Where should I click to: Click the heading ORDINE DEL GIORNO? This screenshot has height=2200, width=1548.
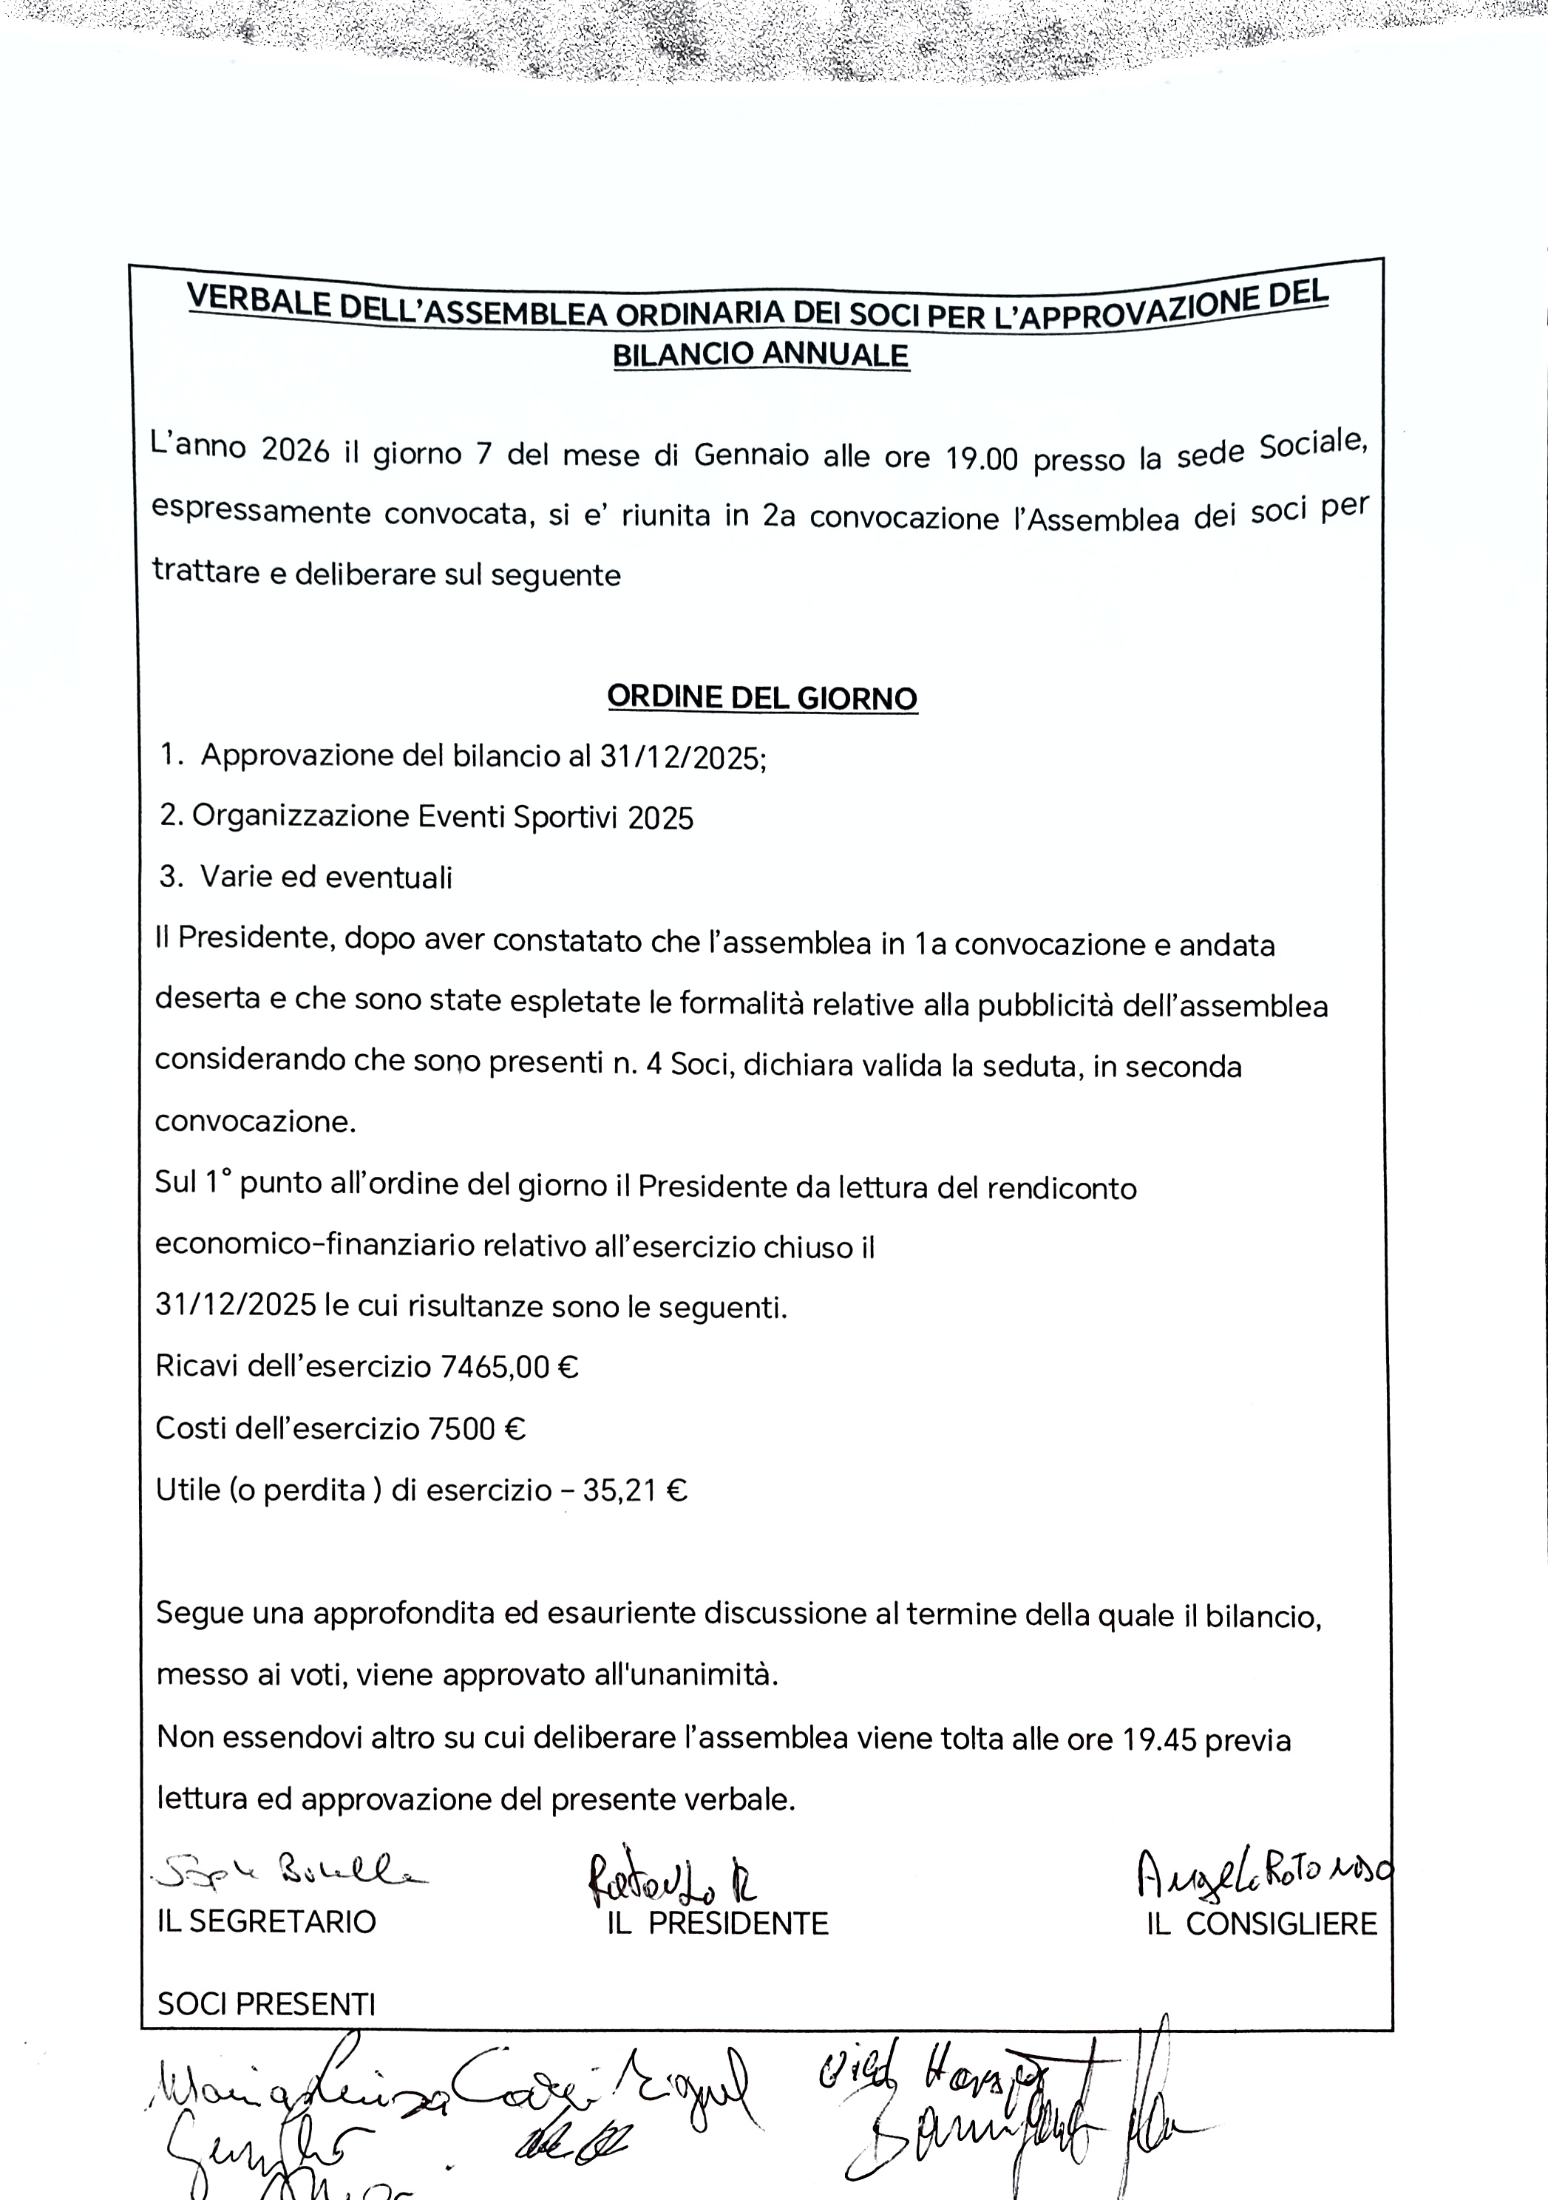click(761, 698)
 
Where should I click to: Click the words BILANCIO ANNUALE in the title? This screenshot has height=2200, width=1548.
click(761, 355)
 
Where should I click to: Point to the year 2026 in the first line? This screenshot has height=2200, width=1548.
click(295, 450)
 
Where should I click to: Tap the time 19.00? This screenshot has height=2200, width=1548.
click(981, 459)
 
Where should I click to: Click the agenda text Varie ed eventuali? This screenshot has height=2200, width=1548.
click(326, 877)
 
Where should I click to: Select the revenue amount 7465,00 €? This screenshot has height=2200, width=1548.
click(509, 1365)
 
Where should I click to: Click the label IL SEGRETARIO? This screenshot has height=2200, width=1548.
click(266, 1921)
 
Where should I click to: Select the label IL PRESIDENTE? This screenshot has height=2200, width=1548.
click(718, 1923)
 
